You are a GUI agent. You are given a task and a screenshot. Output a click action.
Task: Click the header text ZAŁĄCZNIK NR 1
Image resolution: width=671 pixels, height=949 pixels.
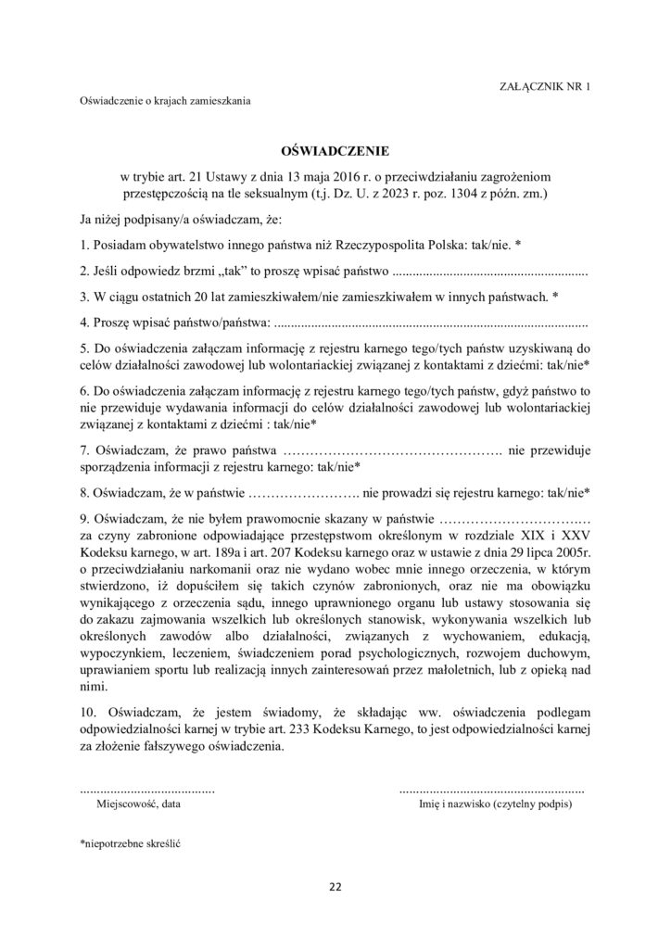(x=545, y=85)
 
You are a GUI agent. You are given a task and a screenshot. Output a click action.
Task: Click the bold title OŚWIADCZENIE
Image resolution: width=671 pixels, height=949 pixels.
(x=335, y=149)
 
